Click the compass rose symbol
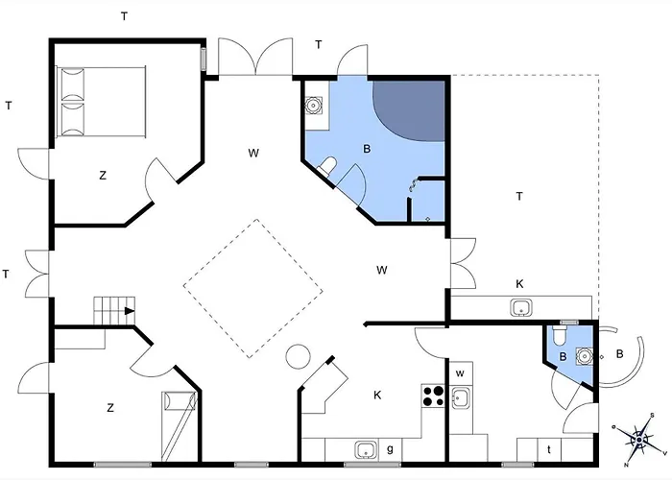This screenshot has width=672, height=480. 639,440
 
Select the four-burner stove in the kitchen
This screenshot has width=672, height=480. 433,396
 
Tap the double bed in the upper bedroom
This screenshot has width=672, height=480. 101,102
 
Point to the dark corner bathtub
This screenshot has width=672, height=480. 409,109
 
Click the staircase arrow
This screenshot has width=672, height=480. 130,311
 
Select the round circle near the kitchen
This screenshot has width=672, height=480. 299,356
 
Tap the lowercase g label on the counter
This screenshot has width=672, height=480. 390,448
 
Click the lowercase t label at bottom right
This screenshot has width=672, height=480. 549,449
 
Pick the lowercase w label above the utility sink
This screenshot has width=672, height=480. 460,373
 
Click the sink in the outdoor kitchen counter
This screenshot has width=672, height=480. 521,308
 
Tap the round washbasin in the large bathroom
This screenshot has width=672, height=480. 313,105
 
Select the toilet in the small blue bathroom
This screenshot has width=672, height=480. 559,335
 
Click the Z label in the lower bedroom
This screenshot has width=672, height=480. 110,408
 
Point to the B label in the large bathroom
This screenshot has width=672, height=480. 367,149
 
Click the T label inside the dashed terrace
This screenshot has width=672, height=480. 519,196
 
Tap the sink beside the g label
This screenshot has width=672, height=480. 366,449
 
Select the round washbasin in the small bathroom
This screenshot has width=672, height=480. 584,356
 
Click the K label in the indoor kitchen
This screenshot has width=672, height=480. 377,396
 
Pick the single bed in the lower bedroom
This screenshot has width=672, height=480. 180,426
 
